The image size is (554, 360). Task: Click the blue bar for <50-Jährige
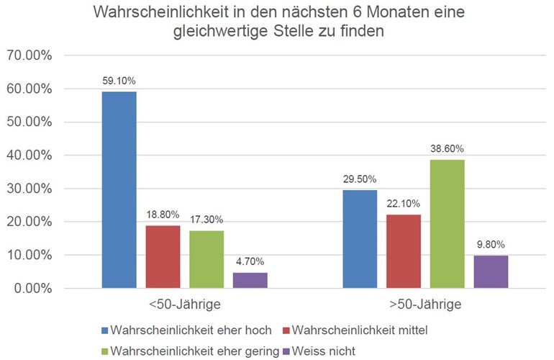pos(119,190)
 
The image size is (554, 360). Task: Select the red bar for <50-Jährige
pos(163,257)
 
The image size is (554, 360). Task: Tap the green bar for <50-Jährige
pos(206,259)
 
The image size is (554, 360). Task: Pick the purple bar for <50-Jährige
pos(250,280)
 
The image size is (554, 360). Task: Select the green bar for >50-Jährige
pos(448,224)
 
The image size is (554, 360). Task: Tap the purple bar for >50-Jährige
pos(491,271)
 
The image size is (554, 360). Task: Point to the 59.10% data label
pos(119,81)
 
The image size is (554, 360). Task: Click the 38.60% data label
pos(448,149)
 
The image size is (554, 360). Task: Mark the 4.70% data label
pos(250,262)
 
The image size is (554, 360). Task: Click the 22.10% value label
pos(404,204)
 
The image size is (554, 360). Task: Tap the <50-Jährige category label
pos(185,305)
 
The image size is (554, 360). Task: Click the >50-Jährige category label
pos(425,305)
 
